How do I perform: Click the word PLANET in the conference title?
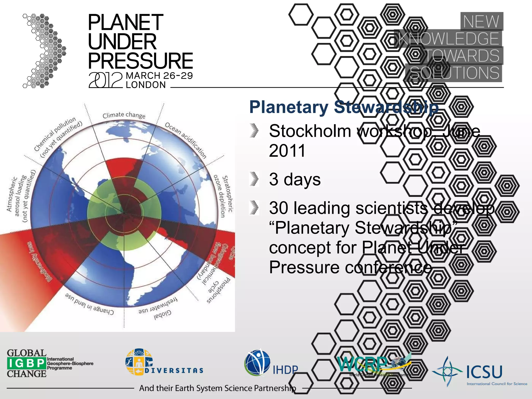pos(125,23)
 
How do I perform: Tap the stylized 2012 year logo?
pos(105,80)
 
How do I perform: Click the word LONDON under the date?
pos(145,85)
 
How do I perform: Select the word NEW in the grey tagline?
pos(481,21)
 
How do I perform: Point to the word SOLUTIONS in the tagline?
pos(454,73)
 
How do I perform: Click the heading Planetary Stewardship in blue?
pos(344,107)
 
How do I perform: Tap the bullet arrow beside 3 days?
pos(254,179)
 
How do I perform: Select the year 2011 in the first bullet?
pos(287,151)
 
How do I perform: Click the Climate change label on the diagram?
pos(124,115)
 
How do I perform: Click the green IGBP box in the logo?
pos(26,363)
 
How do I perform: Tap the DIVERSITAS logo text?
pos(174,370)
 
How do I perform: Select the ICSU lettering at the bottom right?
pos(484,372)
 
